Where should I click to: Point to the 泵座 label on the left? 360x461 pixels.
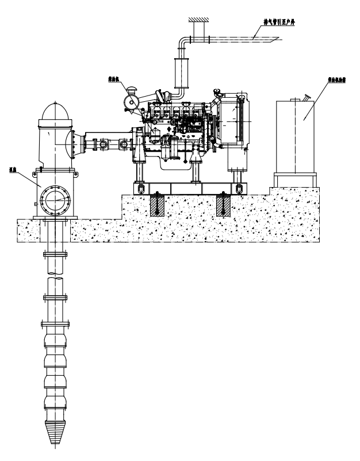pyautogui.click(x=12, y=170)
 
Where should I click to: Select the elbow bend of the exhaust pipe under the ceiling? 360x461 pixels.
pyautogui.click(x=182, y=43)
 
